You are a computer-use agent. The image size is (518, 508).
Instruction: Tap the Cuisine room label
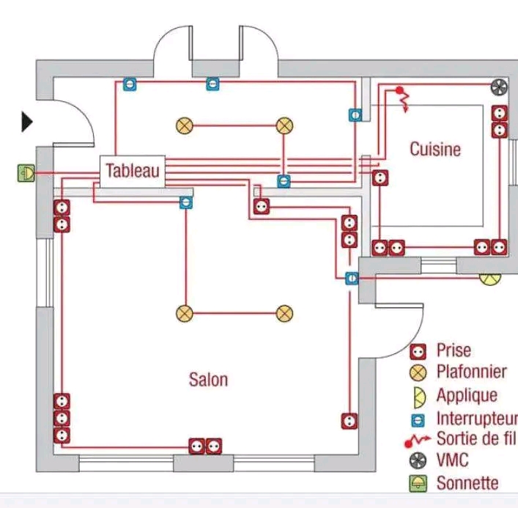click(x=435, y=150)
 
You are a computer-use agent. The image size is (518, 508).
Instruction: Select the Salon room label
click(x=209, y=379)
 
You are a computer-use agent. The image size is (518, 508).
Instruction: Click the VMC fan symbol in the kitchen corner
click(x=499, y=88)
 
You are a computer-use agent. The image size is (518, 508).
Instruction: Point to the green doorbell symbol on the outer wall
click(x=26, y=173)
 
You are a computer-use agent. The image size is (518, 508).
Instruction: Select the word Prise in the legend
click(x=454, y=350)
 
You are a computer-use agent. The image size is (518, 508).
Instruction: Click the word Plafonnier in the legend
click(x=471, y=372)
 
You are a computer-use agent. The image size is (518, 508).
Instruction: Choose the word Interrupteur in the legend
click(x=476, y=419)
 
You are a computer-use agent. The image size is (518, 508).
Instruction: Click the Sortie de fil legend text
click(x=476, y=439)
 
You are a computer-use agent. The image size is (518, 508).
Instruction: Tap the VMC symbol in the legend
click(x=418, y=461)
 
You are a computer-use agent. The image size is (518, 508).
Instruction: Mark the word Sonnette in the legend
click(x=467, y=483)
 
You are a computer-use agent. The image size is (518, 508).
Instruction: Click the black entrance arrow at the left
click(x=27, y=122)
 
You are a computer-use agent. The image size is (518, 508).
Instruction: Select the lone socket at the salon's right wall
click(x=349, y=421)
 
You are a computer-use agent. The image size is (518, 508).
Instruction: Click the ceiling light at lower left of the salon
click(x=184, y=314)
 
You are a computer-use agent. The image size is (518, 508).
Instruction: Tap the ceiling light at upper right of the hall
click(x=284, y=125)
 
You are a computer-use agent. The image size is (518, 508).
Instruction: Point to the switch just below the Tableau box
click(x=186, y=202)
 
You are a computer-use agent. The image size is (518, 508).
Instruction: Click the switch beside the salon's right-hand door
click(x=351, y=278)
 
